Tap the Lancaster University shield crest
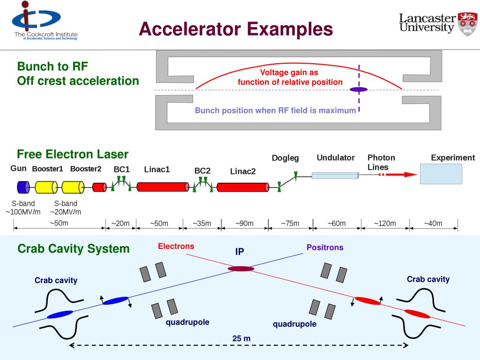[x=467, y=24]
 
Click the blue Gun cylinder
[x=23, y=187]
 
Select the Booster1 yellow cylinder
[x=46, y=187]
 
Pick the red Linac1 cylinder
[x=163, y=187]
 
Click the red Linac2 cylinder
[x=243, y=187]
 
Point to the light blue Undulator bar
[x=335, y=175]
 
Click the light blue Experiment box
[x=441, y=174]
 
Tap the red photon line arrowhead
[x=411, y=174]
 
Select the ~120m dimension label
[x=385, y=224]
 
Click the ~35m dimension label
[x=202, y=224]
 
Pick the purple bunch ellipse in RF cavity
[x=359, y=90]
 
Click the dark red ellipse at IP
[x=241, y=269]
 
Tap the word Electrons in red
[x=176, y=246]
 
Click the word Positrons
[x=325, y=247]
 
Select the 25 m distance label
[x=241, y=338]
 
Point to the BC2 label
[x=202, y=171]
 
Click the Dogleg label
[x=285, y=158]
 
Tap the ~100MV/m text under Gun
[x=23, y=212]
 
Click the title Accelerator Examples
[x=236, y=29]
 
